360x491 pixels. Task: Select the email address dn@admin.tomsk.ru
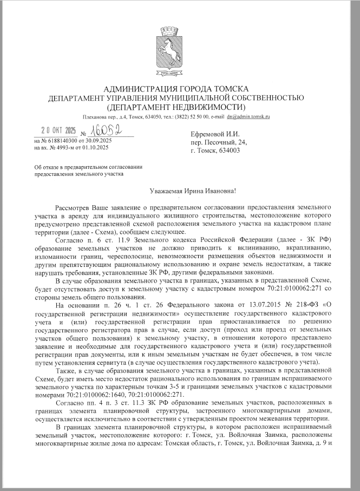pos(248,116)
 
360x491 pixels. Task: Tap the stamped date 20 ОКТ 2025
pos(60,130)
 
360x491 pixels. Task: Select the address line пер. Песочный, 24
pos(215,142)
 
